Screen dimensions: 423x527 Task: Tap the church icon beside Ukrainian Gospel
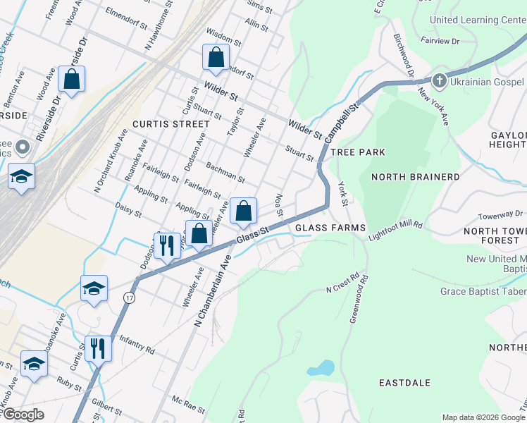(439, 80)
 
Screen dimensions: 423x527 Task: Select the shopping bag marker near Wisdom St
(216, 57)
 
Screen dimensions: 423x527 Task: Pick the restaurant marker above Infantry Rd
(98, 348)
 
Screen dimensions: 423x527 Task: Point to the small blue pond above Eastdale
(321, 367)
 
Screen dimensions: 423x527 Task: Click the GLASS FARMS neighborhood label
(330, 228)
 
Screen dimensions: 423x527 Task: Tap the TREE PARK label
(358, 152)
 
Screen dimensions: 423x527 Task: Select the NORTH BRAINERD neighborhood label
(416, 177)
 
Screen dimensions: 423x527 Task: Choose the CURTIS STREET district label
(170, 124)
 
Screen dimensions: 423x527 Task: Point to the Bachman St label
(225, 173)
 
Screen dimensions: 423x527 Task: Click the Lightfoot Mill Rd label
(395, 231)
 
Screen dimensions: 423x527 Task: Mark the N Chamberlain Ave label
(213, 290)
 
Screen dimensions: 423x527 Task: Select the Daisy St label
(128, 209)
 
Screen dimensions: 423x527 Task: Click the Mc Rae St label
(188, 405)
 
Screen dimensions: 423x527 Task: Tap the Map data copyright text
(483, 417)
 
